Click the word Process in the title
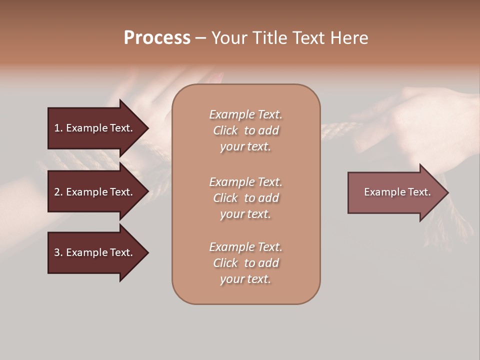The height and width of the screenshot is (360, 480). coord(157,38)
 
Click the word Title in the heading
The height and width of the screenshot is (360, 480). coord(269,38)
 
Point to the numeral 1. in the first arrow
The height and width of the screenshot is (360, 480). coord(58,128)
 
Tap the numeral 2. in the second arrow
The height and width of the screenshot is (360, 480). coord(58,192)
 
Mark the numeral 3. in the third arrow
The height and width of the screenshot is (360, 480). coord(58,252)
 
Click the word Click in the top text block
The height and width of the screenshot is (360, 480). coord(225,130)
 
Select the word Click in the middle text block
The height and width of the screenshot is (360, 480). coord(225,198)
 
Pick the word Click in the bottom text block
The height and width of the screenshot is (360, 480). coord(225,263)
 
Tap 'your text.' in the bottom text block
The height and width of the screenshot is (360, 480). coord(245,279)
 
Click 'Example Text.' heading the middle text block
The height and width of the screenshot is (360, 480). coord(245,182)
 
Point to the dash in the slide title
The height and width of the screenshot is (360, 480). coord(200,38)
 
